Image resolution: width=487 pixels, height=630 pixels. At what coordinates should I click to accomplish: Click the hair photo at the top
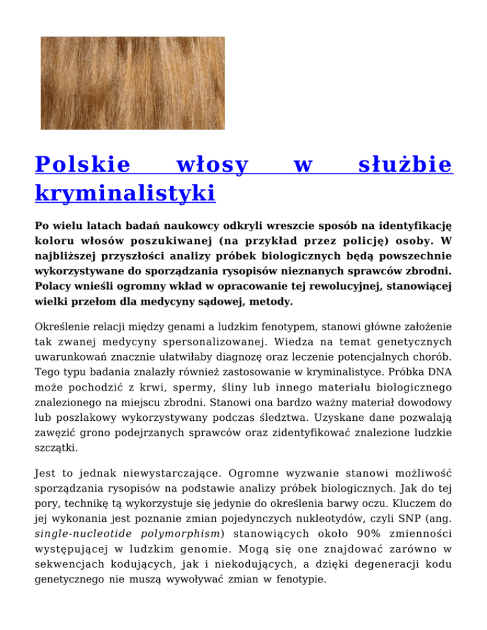[x=138, y=82]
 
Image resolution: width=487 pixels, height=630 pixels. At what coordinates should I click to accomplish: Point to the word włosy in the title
[x=212, y=165]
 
